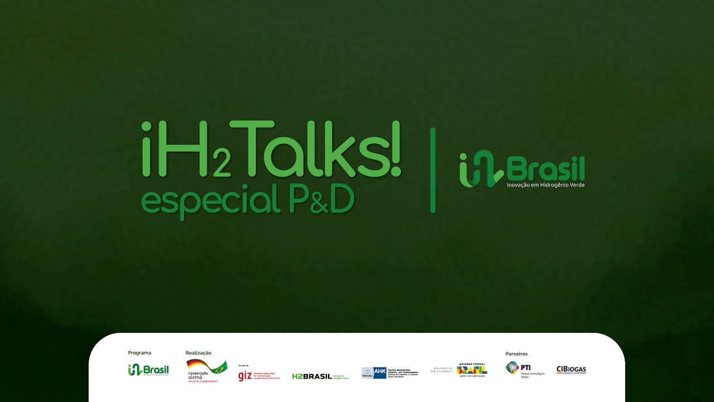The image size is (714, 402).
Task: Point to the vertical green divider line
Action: click(433, 170)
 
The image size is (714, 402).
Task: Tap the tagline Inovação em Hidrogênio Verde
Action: click(546, 185)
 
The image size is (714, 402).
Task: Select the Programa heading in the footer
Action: click(139, 353)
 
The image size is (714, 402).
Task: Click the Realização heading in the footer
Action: click(199, 353)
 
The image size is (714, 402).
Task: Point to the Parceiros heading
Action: click(517, 353)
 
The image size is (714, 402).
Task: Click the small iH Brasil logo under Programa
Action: click(148, 370)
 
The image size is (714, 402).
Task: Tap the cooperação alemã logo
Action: click(206, 371)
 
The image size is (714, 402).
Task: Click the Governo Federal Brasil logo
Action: click(471, 370)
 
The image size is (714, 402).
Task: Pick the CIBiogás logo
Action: click(571, 370)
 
